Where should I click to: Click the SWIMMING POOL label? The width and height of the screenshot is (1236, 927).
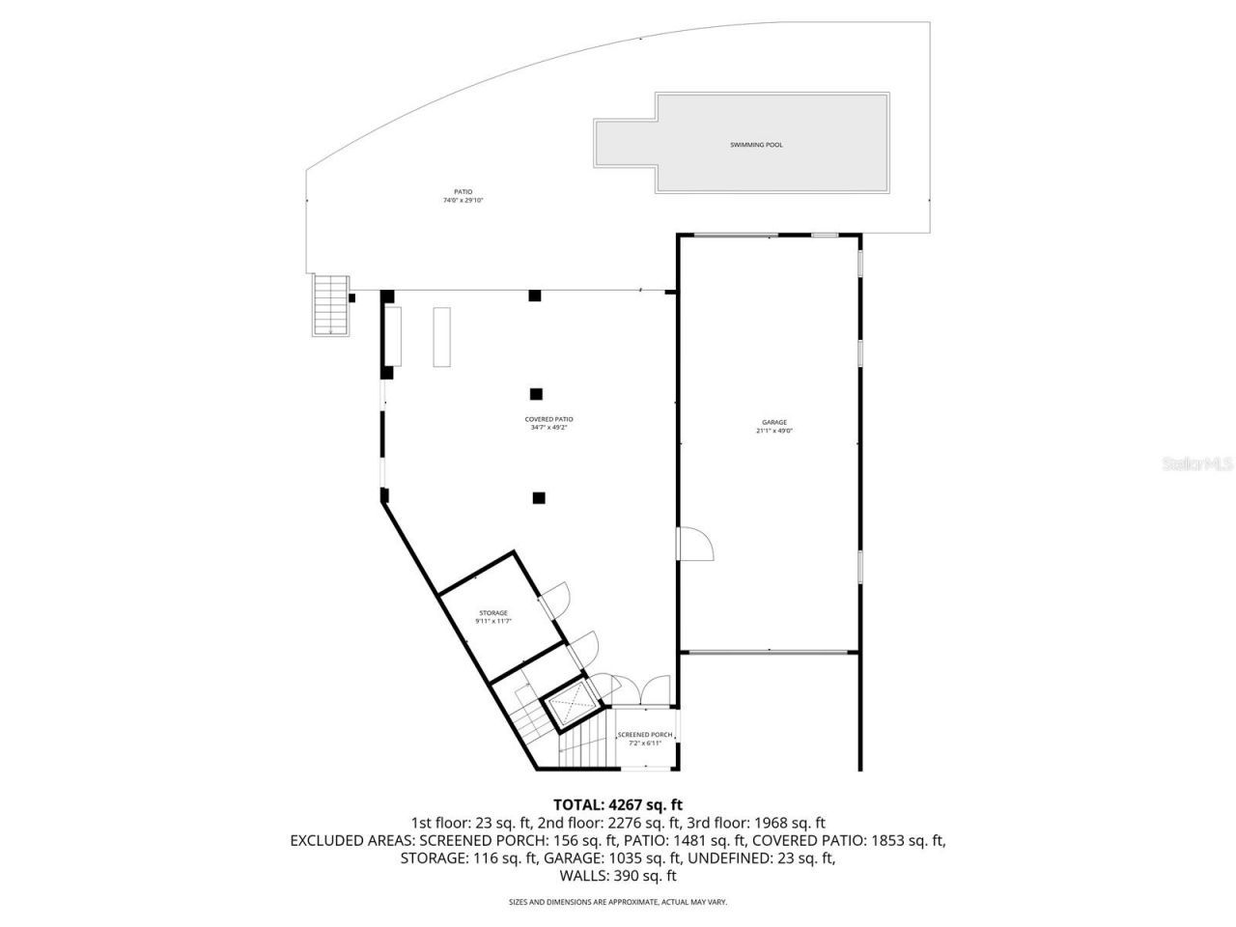[756, 145]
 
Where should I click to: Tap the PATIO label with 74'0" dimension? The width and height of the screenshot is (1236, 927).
[463, 196]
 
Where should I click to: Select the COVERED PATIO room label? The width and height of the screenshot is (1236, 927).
[549, 419]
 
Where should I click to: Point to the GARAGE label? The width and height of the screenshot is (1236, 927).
[774, 422]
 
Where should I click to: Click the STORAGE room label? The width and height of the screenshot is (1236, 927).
[493, 613]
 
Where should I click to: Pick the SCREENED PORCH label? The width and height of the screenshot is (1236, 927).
[645, 735]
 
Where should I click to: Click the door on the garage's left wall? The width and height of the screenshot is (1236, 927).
[694, 545]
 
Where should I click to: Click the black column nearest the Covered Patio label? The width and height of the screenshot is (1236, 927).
[536, 393]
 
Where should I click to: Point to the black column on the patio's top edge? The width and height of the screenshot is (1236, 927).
[534, 295]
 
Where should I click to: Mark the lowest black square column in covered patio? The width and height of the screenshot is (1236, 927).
[539, 498]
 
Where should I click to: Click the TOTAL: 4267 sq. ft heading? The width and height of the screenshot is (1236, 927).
[618, 803]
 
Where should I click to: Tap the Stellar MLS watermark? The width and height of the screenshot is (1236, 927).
[1196, 464]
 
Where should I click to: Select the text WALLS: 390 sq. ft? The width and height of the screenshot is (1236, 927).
[618, 876]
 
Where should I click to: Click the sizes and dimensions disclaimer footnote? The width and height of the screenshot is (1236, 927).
[618, 902]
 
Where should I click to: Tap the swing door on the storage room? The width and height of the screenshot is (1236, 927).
[558, 600]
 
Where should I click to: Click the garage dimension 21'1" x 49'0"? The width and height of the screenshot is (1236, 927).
[774, 432]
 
